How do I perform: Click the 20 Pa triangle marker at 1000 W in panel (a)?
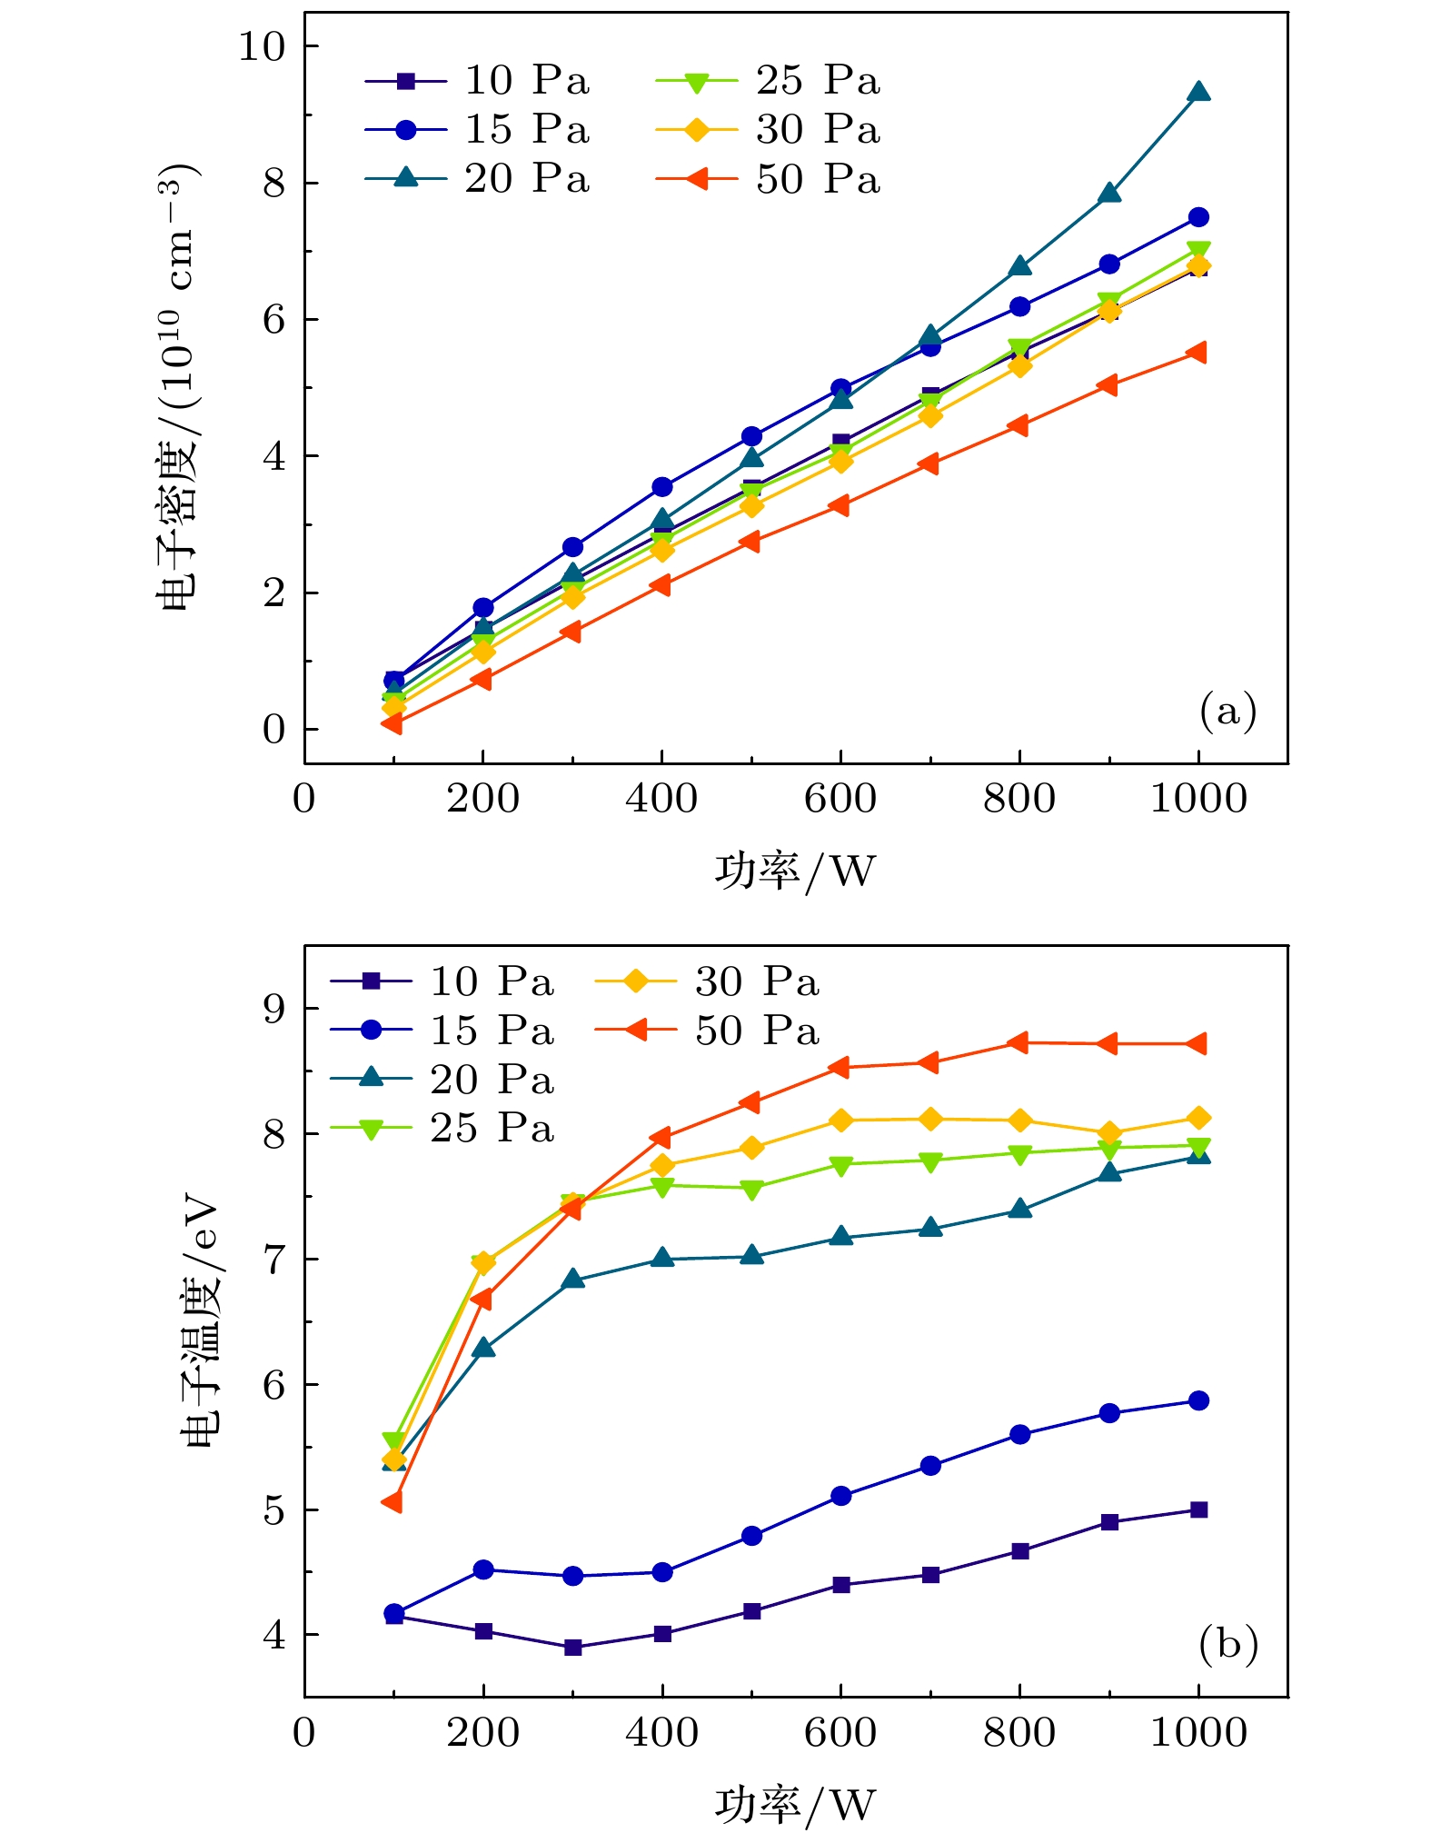1198,92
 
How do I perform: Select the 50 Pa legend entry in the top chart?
768,179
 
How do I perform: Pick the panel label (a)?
1227,711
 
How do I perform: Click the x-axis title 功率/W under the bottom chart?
795,1805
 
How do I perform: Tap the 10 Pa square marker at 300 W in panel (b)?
572,1648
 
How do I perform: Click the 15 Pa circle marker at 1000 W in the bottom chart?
1198,1400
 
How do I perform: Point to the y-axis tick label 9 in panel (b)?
273,1010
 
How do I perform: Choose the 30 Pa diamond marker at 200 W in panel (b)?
483,1262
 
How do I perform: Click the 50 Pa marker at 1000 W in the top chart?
1197,353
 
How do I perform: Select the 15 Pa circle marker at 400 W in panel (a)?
662,487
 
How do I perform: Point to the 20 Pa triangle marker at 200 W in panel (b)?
483,1348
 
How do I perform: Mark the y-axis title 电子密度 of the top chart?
174,386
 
